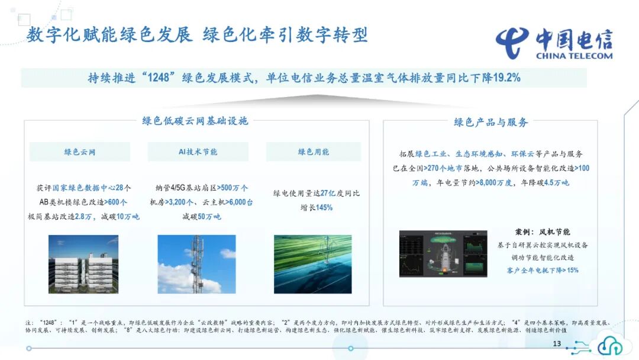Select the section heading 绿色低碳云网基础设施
[195, 121]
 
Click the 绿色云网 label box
[80, 152]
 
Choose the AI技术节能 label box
[198, 152]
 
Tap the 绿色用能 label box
[314, 152]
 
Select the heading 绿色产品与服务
[490, 122]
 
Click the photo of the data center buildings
[83, 264]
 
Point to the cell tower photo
[196, 264]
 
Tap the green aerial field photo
[312, 264]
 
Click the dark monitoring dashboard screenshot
[443, 253]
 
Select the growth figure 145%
[324, 208]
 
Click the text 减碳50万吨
[201, 217]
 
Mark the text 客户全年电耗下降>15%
[543, 270]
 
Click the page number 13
[556, 344]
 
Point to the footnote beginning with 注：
[319, 325]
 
